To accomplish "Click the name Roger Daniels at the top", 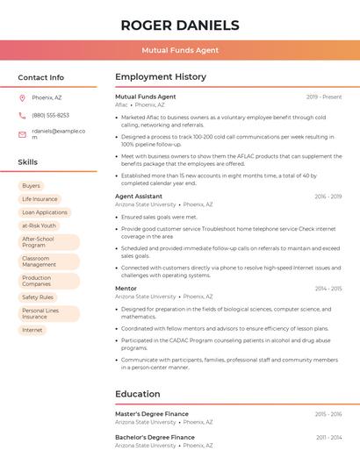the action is point(180,25).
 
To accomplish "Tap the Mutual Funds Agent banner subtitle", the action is point(180,50).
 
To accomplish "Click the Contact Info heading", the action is point(41,77).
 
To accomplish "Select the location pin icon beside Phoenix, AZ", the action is point(22,97).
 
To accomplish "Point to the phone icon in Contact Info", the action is point(22,116).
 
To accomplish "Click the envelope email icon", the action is point(22,134).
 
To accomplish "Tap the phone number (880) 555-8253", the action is point(50,116).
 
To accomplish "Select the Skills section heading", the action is point(28,162).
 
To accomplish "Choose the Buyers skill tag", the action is point(31,186).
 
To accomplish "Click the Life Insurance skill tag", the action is point(40,199).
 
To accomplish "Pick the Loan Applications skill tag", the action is point(45,212).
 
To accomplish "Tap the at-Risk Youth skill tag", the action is point(39,225).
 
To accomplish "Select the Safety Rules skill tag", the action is point(38,297).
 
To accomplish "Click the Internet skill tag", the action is point(32,330).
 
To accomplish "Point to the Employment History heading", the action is point(161,77).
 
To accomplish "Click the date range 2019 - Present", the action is point(324,97).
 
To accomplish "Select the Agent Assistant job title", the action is point(139,197).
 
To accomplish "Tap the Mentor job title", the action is point(126,289).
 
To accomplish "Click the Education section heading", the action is point(138,394).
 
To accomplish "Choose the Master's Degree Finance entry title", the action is point(152,414).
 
